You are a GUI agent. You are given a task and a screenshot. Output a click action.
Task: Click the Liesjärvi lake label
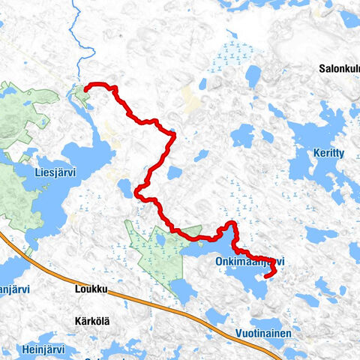click(55, 172)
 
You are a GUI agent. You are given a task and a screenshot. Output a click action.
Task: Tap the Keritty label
click(328, 153)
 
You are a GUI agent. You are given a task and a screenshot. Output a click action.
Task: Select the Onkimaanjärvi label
click(250, 261)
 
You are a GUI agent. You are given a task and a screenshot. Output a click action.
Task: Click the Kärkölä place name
click(92, 321)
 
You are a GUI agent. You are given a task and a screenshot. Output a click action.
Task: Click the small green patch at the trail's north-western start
click(79, 94)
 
